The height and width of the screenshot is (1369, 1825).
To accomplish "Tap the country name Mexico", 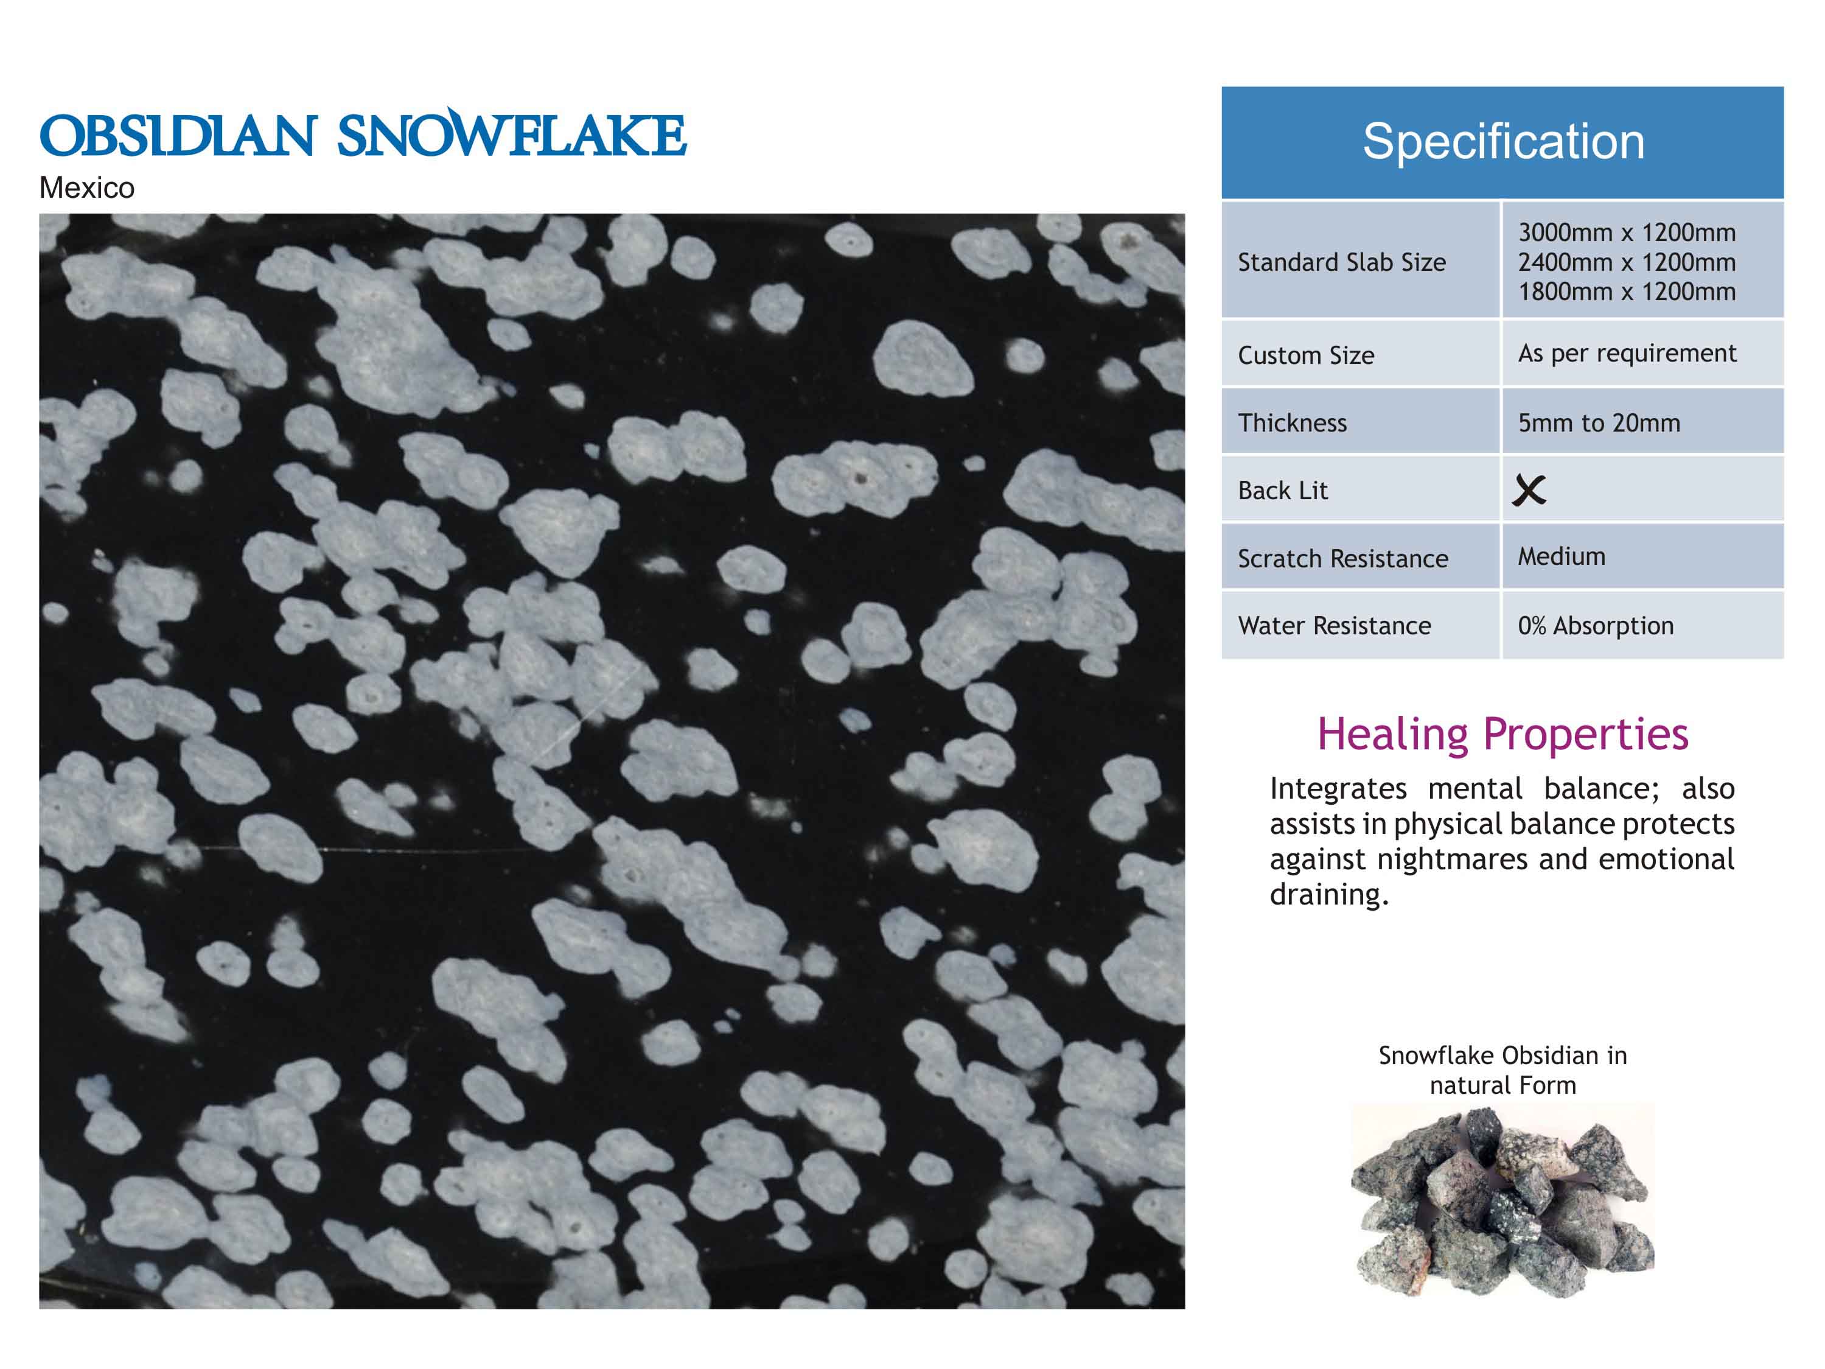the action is pyautogui.click(x=86, y=188).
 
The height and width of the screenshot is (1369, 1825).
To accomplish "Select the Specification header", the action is pyautogui.click(x=1503, y=141).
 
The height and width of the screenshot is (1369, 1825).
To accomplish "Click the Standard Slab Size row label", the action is pyautogui.click(x=1342, y=262).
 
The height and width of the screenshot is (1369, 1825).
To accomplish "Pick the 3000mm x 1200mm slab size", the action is pyautogui.click(x=1627, y=233).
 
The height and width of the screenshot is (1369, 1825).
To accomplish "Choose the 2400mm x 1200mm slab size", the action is pyautogui.click(x=1627, y=262).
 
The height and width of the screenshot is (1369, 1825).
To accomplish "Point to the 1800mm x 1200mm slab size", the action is pyautogui.click(x=1627, y=292).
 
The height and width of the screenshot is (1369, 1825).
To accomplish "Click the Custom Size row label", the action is pyautogui.click(x=1306, y=355).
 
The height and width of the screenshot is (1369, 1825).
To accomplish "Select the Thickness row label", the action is pyautogui.click(x=1292, y=422).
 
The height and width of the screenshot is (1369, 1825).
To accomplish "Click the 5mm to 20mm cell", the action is pyautogui.click(x=1599, y=422).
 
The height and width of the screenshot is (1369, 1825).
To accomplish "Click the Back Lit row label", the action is pyautogui.click(x=1283, y=490).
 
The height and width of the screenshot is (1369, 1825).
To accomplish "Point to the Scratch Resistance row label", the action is pyautogui.click(x=1343, y=559).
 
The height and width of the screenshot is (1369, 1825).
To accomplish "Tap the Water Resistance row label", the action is pyautogui.click(x=1334, y=626).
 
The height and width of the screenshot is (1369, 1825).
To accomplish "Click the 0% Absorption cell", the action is pyautogui.click(x=1596, y=626).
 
